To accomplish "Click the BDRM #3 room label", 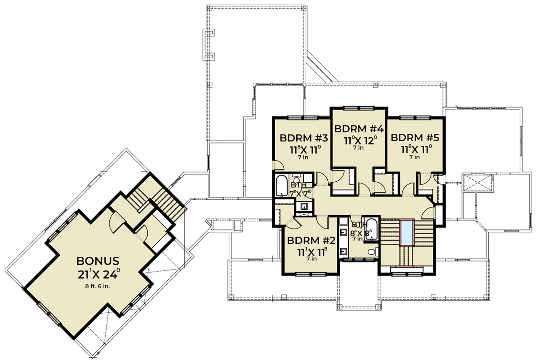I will coord(303,139).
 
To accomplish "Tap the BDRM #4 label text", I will coord(359,129).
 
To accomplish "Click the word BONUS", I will coord(97,261).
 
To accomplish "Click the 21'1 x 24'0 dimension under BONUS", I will coord(97,275).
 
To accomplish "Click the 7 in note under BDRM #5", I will coord(414,157).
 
